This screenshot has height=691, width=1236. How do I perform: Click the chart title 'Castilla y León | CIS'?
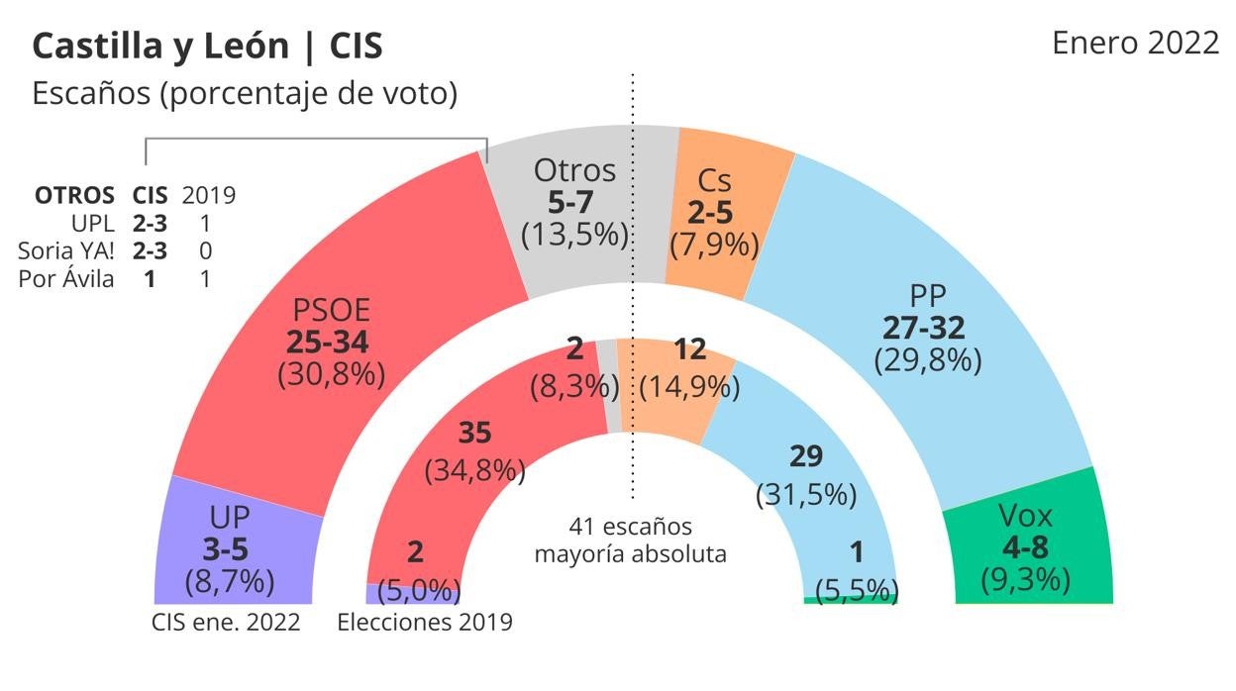[208, 47]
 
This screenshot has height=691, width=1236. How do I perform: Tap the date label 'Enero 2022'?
[1135, 44]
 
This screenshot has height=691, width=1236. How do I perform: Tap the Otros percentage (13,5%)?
[575, 235]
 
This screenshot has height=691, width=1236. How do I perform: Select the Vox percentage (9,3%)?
[1024, 579]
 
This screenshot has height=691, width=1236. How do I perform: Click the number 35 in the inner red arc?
[474, 433]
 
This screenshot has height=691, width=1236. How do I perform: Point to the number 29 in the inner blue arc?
[806, 456]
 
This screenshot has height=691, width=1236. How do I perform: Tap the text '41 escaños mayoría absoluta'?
[631, 540]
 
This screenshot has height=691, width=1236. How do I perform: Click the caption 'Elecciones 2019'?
[425, 623]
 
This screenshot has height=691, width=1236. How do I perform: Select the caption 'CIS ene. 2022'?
[226, 623]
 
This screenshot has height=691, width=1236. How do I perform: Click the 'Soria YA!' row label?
[65, 251]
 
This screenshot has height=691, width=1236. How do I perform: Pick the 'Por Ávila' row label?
[65, 279]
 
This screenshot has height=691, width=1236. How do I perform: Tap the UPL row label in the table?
[94, 223]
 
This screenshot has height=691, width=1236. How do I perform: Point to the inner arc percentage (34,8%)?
[474, 470]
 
